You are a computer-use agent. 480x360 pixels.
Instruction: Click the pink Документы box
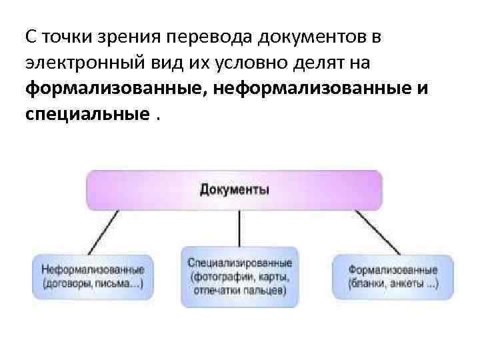point(235,191)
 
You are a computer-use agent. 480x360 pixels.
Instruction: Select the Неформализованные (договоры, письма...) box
point(93,277)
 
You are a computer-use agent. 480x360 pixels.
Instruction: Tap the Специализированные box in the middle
point(239,277)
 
